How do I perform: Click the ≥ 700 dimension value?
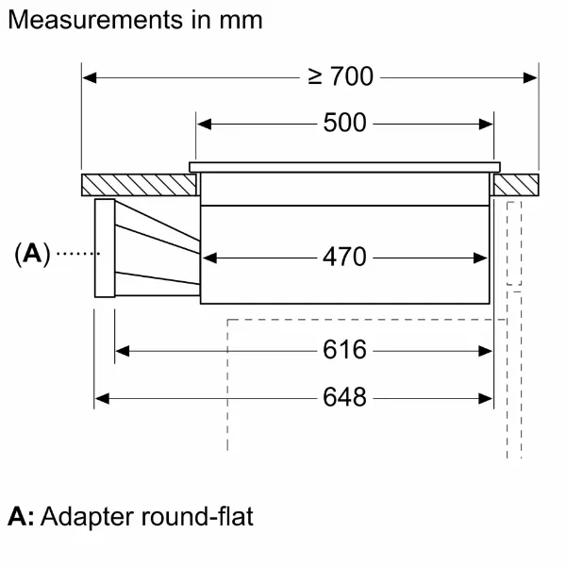pos(341,76)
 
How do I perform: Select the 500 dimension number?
pos(344,123)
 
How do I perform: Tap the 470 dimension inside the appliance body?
pos(344,257)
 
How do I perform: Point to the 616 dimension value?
pos(344,349)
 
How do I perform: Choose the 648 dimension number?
pos(344,397)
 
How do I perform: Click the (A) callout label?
pos(32,254)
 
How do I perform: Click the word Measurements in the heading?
pos(95,20)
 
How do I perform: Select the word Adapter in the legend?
pos(88,518)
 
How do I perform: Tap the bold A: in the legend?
pos(21,517)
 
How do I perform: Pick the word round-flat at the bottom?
pos(197,516)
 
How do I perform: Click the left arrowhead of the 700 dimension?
pos(90,77)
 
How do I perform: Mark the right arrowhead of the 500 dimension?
pos(486,125)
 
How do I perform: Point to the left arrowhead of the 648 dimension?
pos(102,399)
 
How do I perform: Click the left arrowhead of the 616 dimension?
pos(123,351)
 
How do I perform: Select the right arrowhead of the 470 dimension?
pos(480,258)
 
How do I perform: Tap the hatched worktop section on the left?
pos(139,185)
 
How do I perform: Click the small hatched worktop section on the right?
pos(516,185)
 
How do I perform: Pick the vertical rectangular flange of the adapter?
pos(105,248)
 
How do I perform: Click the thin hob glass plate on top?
pos(344,167)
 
